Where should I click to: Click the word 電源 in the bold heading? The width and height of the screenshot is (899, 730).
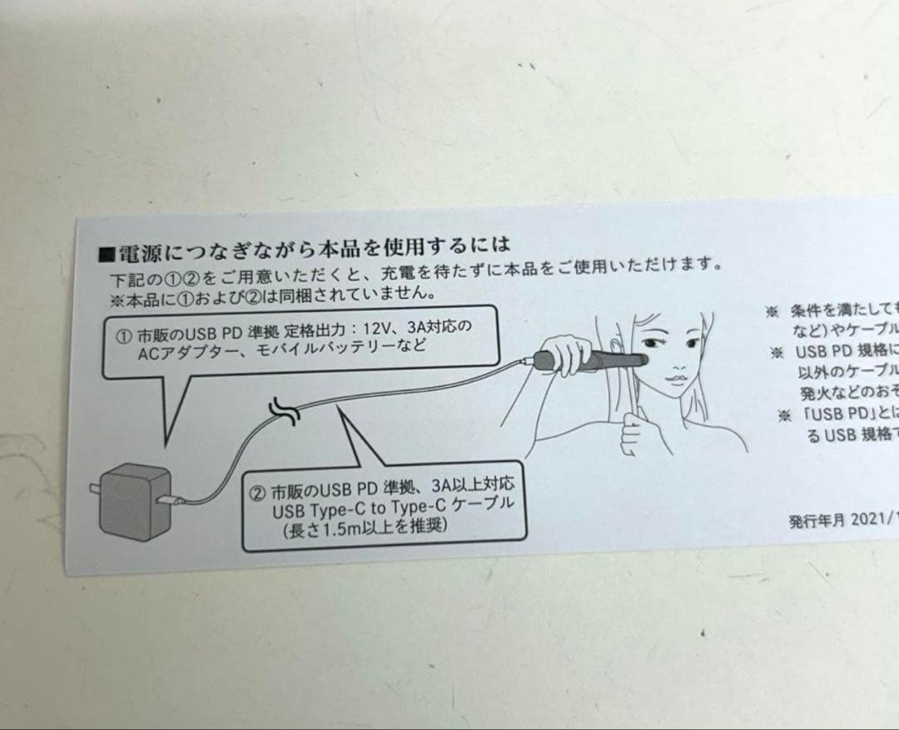point(132,251)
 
